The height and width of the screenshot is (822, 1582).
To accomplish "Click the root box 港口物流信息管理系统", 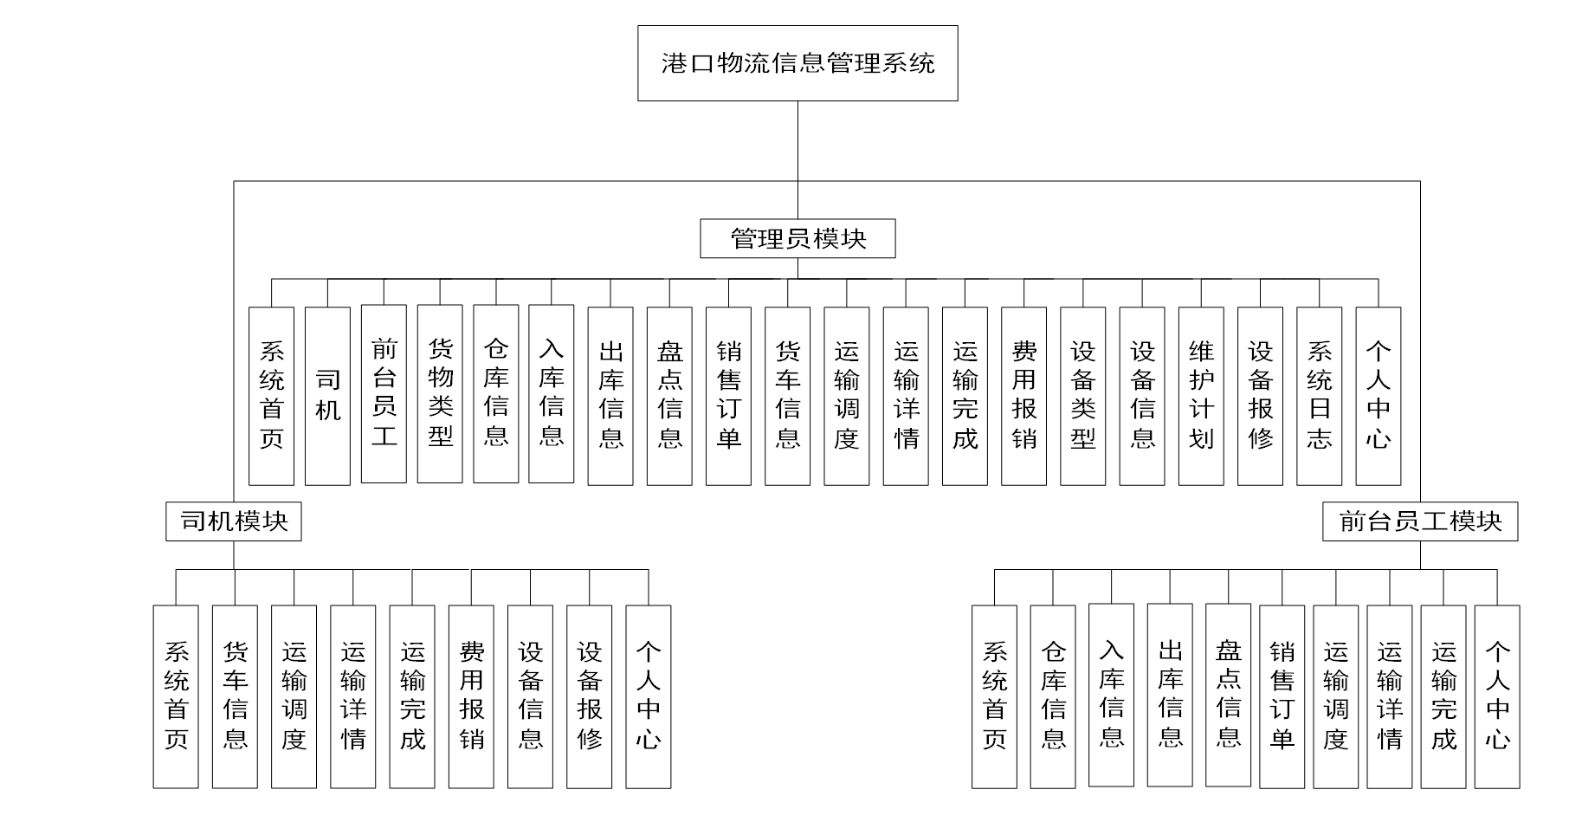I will pos(797,63).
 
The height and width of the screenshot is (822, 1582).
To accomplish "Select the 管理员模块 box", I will pos(797,238).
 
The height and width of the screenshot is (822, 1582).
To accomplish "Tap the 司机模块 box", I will pos(234,521).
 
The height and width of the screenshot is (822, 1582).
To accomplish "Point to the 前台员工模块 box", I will pos(1420,521).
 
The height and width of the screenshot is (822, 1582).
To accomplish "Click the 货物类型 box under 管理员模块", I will pos(440,394).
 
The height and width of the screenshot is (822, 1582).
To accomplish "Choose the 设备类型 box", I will pos(1082,396).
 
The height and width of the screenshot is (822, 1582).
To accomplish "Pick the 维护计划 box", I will pos(1201,396).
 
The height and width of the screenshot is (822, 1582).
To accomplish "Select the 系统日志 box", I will pos(1319,396).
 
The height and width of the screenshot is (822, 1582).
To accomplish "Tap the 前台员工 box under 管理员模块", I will pos(384,394).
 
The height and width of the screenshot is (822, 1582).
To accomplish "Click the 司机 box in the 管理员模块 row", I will pos(327,396).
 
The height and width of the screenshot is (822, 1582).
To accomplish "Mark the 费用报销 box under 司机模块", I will pos(471,696).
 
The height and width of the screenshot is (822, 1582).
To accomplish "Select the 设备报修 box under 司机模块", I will pos(589,696).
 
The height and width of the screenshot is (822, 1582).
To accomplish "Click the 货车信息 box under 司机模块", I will pos(235,696).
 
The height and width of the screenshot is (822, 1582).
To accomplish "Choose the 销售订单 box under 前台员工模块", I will pos(1282,696).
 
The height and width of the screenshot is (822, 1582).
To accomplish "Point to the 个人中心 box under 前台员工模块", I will pos(1497,696).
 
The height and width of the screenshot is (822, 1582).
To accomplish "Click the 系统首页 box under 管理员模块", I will pos(271,396).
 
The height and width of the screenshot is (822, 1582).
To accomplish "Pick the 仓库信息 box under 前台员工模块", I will pos(1053,696).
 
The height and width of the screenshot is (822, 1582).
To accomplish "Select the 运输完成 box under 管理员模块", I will pos(965,396).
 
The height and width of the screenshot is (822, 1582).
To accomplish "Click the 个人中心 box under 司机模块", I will pos(648,696).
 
